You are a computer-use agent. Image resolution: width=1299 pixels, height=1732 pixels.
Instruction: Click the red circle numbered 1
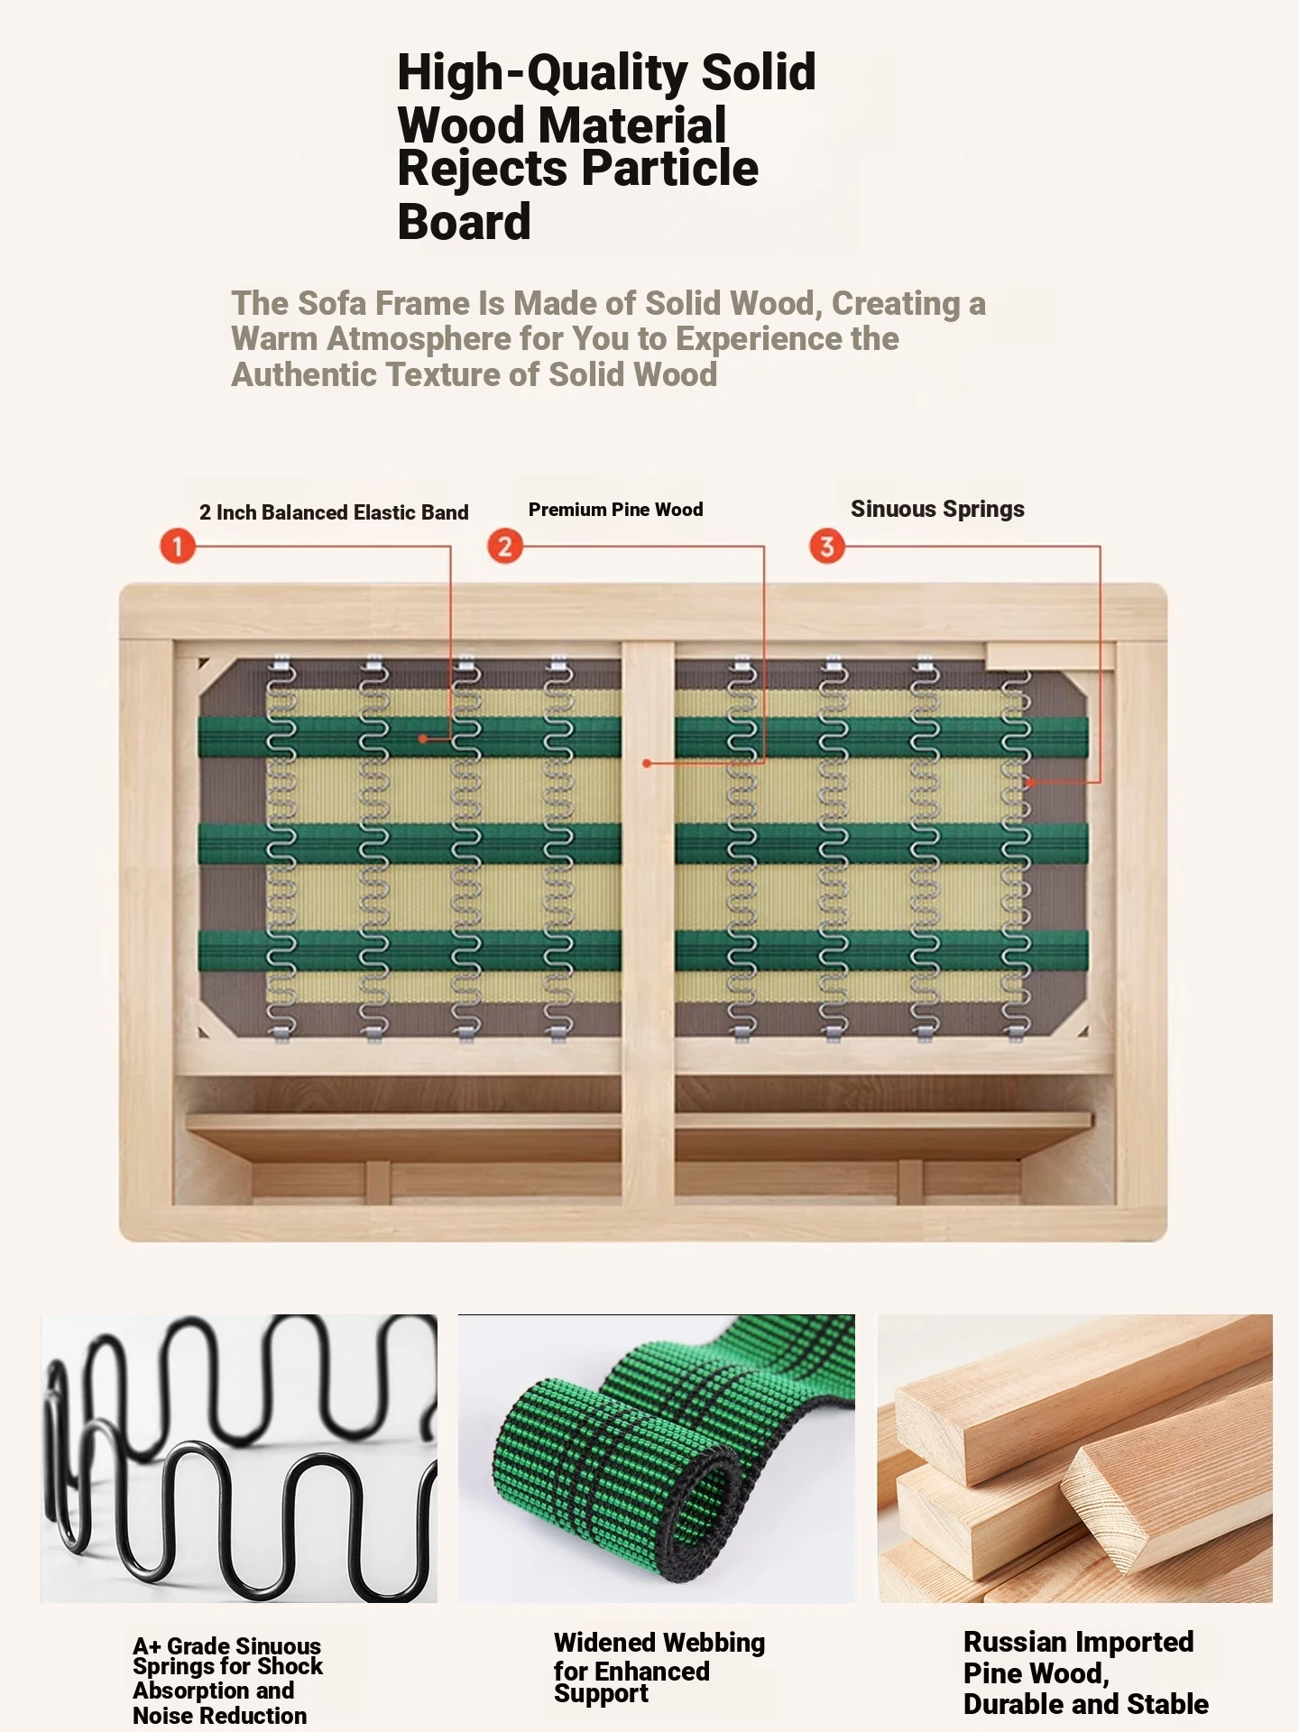coord(178,546)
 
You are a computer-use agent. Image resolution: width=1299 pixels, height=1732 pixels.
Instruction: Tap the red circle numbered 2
coord(505,546)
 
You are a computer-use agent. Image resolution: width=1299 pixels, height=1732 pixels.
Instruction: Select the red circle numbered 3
coord(827,546)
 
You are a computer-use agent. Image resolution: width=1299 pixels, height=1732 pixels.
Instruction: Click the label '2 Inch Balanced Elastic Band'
coord(334,512)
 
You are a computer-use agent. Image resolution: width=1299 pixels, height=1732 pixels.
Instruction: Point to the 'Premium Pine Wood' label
coord(616,510)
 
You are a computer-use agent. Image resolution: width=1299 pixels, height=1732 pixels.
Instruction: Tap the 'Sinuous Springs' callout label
coord(937,510)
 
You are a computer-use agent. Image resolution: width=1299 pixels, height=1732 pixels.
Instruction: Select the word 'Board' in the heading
coord(465,222)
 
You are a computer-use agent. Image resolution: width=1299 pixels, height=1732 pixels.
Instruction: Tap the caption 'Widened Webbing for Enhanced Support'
coord(659,1667)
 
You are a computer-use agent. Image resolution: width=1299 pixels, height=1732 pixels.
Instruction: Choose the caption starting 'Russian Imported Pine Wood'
coord(1086,1672)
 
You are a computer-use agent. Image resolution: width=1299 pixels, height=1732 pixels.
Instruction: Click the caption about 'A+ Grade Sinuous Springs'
coord(227,1681)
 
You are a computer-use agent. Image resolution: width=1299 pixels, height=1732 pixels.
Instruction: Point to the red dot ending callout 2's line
coord(647,763)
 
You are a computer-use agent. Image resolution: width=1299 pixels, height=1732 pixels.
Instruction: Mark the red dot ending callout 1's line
coord(422,739)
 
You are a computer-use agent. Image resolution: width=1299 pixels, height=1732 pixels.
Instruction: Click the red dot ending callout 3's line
coord(1029,783)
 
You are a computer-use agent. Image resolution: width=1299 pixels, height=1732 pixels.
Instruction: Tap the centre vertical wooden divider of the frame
coord(648,920)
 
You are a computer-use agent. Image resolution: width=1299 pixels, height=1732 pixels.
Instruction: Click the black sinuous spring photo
coord(239,1458)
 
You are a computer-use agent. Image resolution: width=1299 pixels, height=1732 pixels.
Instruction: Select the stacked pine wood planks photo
coord(1075,1458)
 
